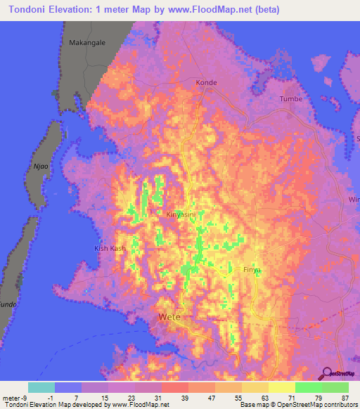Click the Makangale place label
[87, 43]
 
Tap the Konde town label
[206, 82]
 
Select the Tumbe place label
[290, 99]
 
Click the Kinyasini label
[185, 214]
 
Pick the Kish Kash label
[110, 249]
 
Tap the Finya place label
[252, 270]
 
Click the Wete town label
[169, 317]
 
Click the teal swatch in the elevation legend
[41, 387]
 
